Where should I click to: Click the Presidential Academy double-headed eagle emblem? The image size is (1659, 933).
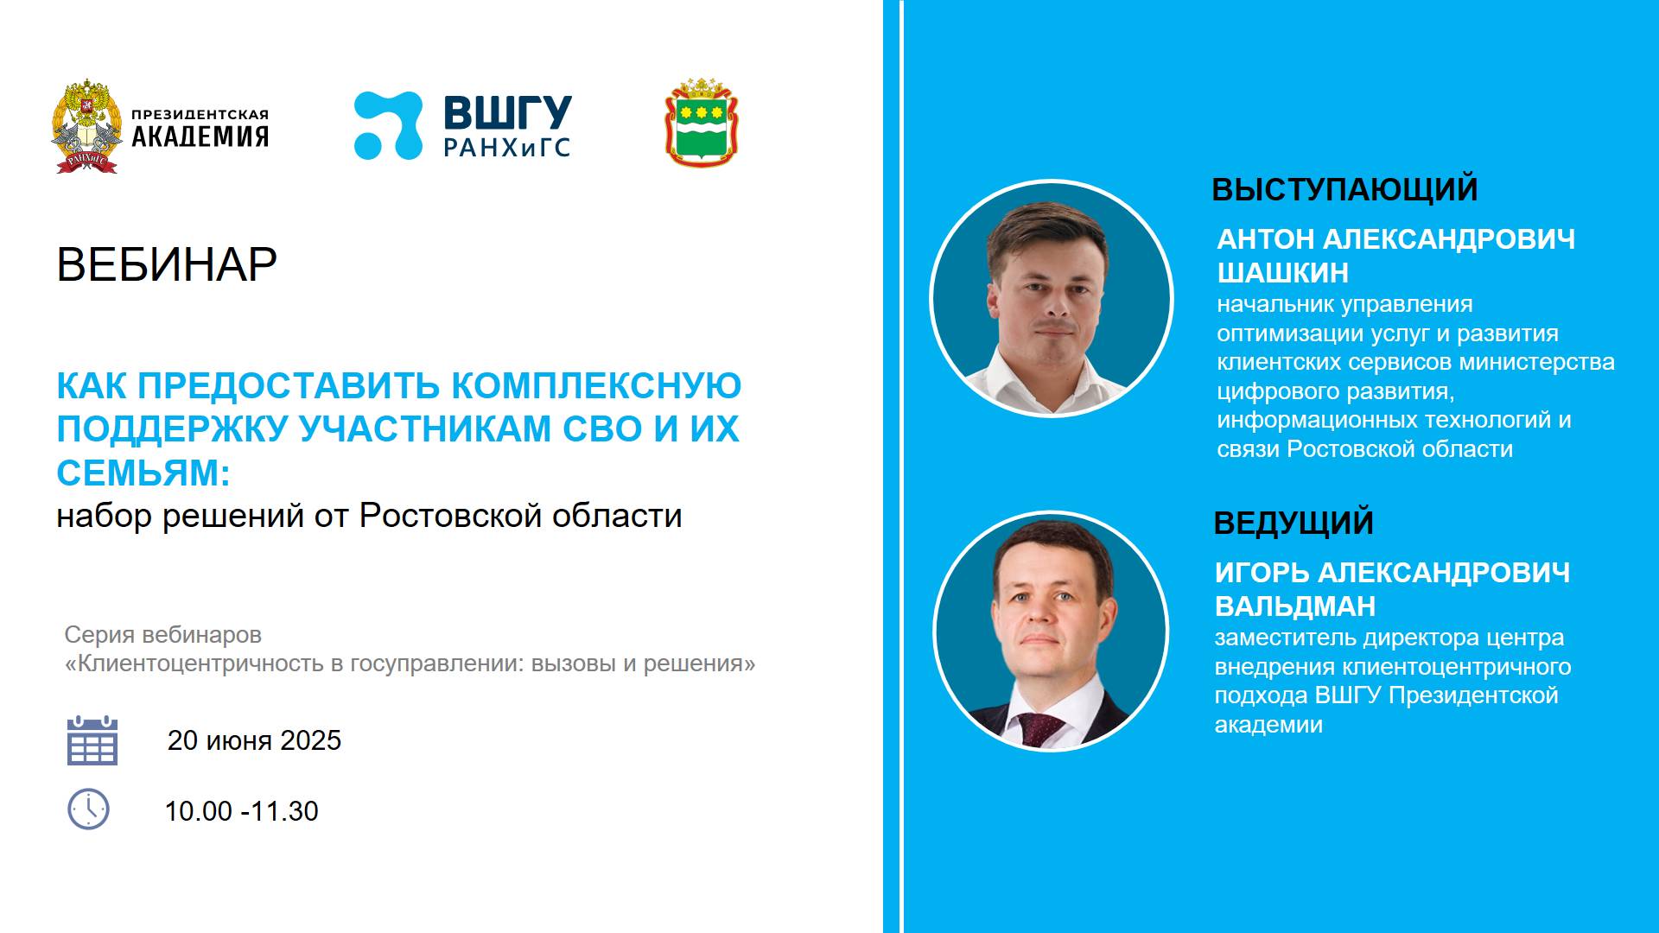pos(86,126)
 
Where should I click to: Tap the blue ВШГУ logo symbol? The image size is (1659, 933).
pos(388,126)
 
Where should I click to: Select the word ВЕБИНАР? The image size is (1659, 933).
pos(167,264)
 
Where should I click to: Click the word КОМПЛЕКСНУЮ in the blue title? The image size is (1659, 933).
pos(596,386)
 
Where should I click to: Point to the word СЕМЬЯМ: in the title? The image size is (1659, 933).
pos(143,473)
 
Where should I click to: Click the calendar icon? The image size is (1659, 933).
pos(92,741)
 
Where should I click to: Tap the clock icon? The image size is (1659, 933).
pos(88,809)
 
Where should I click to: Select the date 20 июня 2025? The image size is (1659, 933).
pos(254,740)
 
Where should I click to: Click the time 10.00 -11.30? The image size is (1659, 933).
pos(241,811)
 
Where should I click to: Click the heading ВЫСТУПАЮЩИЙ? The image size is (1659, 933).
pos(1344,190)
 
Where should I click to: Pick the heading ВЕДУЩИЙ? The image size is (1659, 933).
pos(1294,524)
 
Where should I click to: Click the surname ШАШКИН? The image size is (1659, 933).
pos(1282,273)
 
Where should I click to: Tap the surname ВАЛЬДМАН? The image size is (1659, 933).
pos(1294,606)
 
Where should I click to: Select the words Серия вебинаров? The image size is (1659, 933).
pos(162,635)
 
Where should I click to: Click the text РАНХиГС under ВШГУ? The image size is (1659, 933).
pos(506,149)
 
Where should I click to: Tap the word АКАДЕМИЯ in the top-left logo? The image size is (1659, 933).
pos(200,136)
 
